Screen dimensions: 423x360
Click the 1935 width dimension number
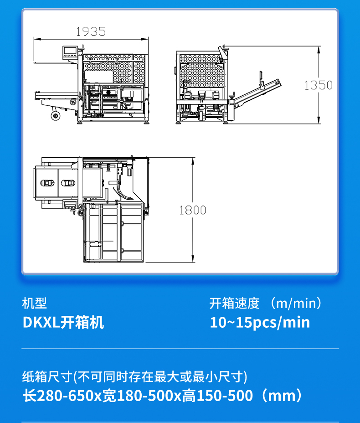click(91, 31)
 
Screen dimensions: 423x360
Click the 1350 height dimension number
click(319, 85)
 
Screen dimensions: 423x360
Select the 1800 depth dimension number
click(192, 210)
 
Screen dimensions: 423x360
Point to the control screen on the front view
click(70, 52)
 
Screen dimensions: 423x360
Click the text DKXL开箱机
click(63, 322)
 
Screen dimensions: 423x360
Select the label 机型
click(35, 304)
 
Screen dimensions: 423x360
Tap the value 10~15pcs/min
click(260, 322)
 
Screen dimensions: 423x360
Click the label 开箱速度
click(234, 304)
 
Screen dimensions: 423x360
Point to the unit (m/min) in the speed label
click(296, 304)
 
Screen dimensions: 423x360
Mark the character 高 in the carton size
click(189, 396)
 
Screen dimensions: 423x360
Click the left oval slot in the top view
click(47, 183)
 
